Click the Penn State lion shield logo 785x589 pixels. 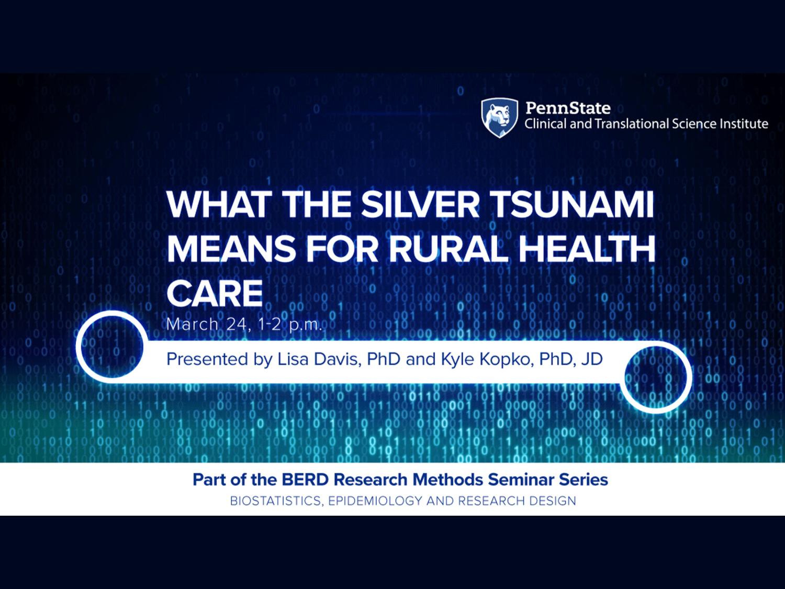point(499,118)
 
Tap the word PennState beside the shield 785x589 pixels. point(568,108)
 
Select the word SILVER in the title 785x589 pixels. point(420,205)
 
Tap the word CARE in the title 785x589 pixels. point(215,293)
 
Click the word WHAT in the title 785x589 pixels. point(219,205)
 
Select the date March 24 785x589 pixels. point(207,325)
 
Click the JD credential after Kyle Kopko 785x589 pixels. point(592,359)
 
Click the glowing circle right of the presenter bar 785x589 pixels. point(688,377)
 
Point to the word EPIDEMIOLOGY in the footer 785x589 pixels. point(375,501)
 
